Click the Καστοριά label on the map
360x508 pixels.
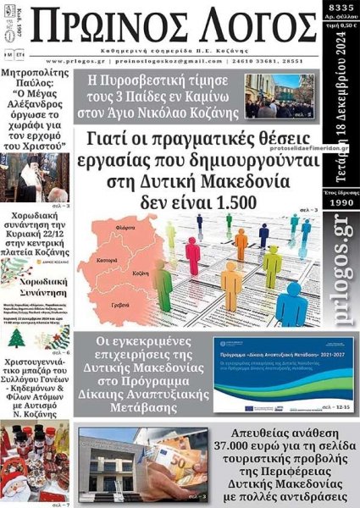tap(108, 251)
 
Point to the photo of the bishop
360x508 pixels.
tap(33, 175)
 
